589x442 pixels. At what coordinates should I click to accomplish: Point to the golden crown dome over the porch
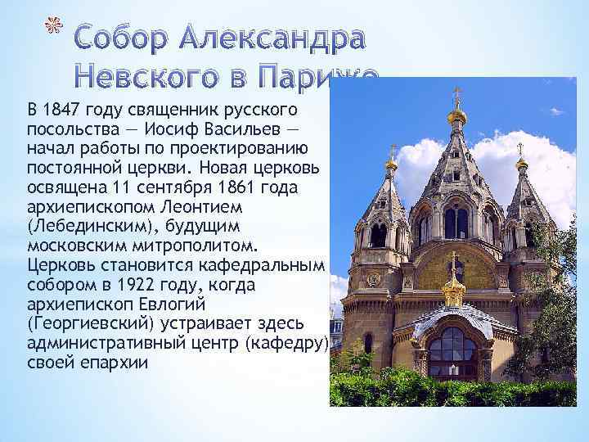click(x=453, y=291)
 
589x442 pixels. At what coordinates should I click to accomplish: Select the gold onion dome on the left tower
click(x=393, y=165)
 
